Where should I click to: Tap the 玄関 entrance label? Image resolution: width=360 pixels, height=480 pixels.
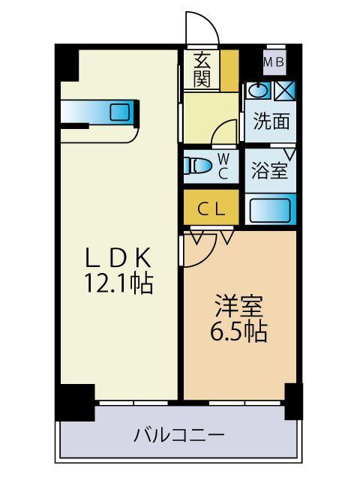point(202,69)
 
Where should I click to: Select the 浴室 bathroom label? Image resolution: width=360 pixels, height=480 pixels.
point(269,171)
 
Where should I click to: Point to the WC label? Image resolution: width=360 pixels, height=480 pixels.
point(223,166)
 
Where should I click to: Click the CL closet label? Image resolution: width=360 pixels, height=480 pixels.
point(211,209)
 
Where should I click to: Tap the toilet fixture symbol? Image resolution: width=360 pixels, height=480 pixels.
point(198,166)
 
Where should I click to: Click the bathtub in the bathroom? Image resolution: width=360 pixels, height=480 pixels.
point(269,209)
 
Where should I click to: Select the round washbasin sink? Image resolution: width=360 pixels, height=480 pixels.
point(257,91)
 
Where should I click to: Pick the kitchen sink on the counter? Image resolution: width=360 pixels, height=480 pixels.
point(120,112)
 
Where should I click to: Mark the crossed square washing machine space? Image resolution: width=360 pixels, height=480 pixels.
point(284,91)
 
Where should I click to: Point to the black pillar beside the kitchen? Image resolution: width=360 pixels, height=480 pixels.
point(67,63)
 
